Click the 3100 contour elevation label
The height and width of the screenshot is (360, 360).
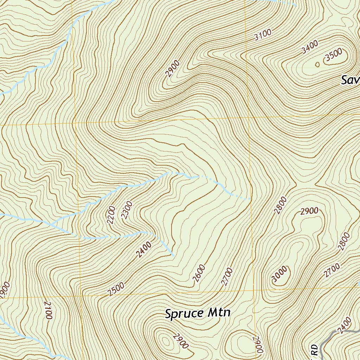[263, 35]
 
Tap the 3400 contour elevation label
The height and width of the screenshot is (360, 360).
[310, 47]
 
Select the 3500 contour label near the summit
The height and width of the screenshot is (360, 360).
[334, 55]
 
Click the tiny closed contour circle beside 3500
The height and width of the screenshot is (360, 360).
[317, 64]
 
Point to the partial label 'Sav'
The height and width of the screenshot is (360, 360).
[350, 81]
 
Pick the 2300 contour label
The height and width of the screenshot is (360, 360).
[127, 210]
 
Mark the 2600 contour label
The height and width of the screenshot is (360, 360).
[199, 274]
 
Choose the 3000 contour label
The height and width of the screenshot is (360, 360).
[280, 275]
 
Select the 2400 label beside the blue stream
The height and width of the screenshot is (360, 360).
[144, 250]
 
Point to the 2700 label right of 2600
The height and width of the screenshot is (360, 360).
[227, 277]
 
